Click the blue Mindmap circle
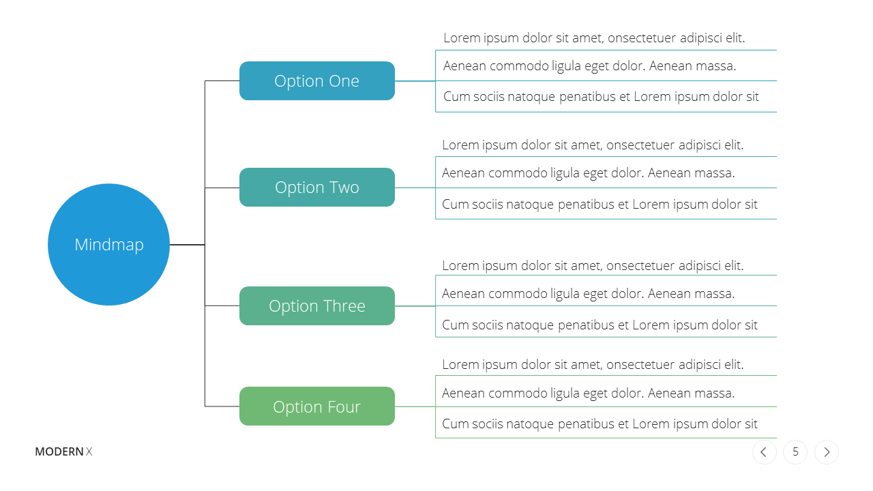pos(108,244)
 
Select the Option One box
pos(317,80)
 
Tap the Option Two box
pos(317,187)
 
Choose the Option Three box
pos(317,306)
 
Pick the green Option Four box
pos(317,406)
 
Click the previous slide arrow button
pos(765,452)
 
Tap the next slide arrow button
pos(827,452)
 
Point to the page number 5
pos(795,452)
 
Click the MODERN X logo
pos(63,451)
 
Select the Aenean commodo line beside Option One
pos(589,66)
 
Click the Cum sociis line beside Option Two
pos(600,204)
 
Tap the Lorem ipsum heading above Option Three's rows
pos(593,266)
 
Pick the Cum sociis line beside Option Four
pos(600,424)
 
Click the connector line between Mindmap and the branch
pos(188,245)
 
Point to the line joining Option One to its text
pos(415,81)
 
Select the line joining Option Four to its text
pos(415,406)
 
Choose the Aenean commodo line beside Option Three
pos(588,293)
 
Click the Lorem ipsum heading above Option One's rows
pos(594,38)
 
